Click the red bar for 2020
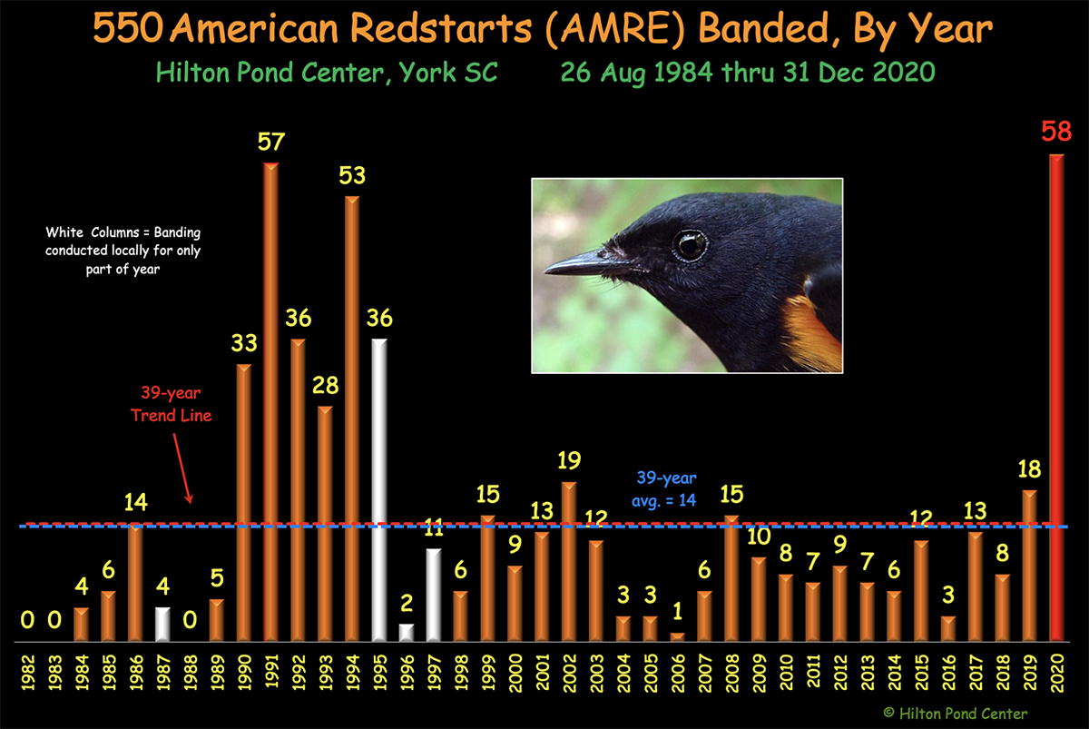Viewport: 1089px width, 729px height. click(1056, 398)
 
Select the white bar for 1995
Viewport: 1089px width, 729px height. click(379, 490)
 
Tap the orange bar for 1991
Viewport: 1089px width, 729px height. click(270, 402)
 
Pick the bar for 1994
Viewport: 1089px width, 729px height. click(352, 419)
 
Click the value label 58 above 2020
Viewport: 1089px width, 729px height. click(1056, 132)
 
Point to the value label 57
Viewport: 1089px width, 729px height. click(270, 142)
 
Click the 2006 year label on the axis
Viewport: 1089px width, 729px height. click(678, 673)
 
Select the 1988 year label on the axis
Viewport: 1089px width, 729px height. click(190, 673)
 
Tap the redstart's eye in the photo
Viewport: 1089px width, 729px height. click(690, 245)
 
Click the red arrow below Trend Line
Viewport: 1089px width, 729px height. click(181, 468)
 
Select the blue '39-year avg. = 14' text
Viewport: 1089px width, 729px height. click(665, 488)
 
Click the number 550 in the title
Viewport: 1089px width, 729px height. click(128, 28)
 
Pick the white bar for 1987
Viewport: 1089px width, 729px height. click(162, 625)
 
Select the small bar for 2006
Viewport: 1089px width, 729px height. click(678, 637)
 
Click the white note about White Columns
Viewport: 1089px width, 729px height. click(123, 251)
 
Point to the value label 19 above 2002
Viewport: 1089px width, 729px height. click(569, 460)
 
